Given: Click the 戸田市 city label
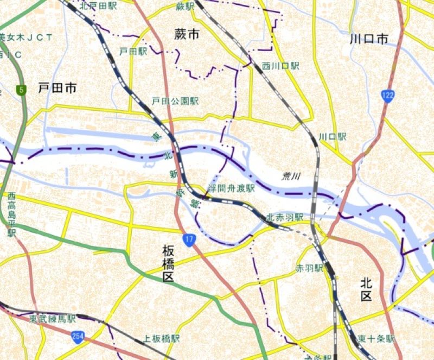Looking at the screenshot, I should (x=58, y=87).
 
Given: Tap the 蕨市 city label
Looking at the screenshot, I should (x=187, y=34).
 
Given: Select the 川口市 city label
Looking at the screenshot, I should (x=369, y=39).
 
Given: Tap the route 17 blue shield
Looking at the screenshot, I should (x=188, y=239).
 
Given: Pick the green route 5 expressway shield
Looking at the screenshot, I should (x=21, y=90).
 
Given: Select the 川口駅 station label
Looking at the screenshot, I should (x=332, y=137).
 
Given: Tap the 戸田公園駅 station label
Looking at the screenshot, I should (x=175, y=102).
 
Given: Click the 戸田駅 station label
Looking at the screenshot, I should (x=133, y=52).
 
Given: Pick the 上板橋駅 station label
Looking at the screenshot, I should (x=161, y=338).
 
